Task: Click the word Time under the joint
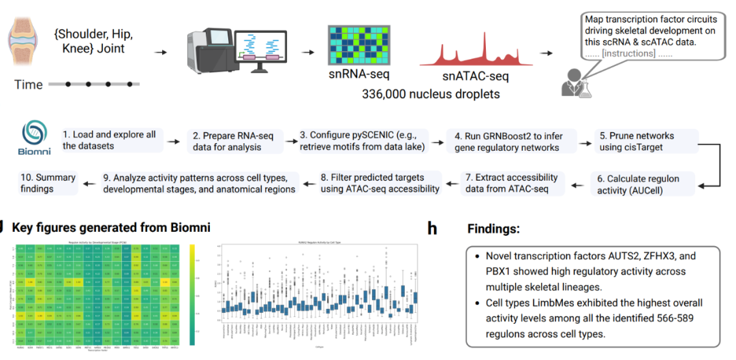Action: point(29,85)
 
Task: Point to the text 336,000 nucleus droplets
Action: point(430,93)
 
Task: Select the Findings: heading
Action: point(493,229)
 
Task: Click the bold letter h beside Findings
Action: point(432,229)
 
